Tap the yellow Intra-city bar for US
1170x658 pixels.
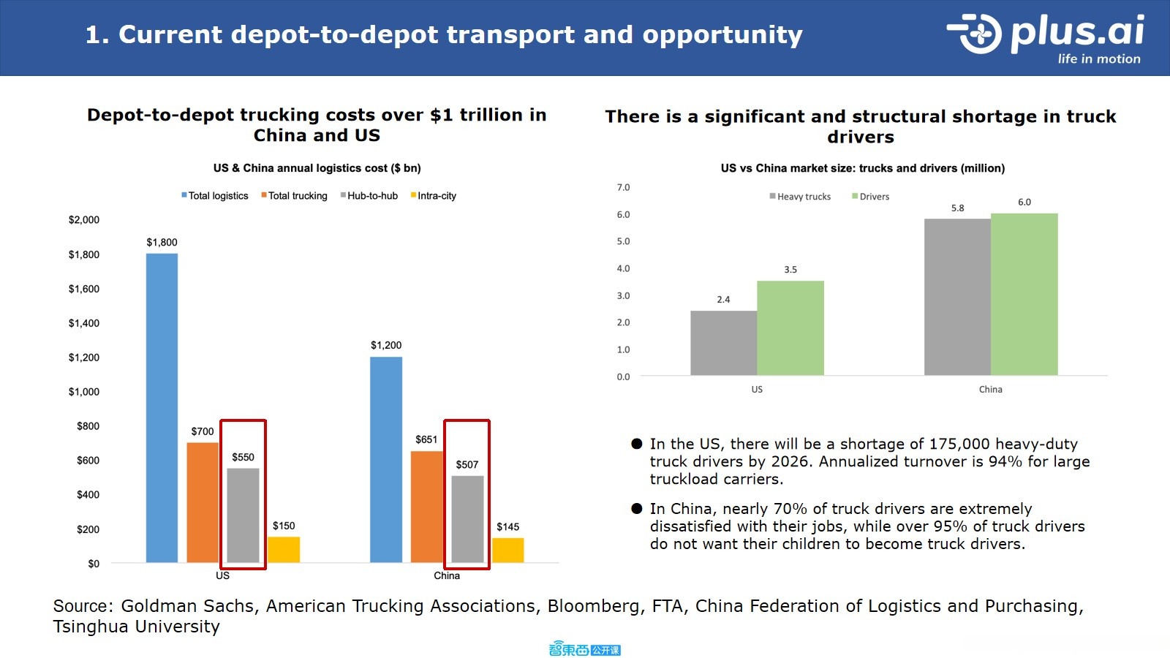(x=284, y=550)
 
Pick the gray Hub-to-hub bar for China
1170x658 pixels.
(x=467, y=519)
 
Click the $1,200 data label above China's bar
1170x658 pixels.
(x=386, y=345)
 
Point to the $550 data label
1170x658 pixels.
(x=243, y=457)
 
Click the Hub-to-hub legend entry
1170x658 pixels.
(x=369, y=196)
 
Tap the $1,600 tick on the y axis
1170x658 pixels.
(x=84, y=289)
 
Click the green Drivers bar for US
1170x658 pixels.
(x=790, y=328)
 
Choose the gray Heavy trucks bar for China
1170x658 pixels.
(x=957, y=297)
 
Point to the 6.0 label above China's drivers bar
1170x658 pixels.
(x=1024, y=203)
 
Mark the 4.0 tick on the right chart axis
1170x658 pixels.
(x=623, y=268)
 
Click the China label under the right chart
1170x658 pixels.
(x=991, y=390)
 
